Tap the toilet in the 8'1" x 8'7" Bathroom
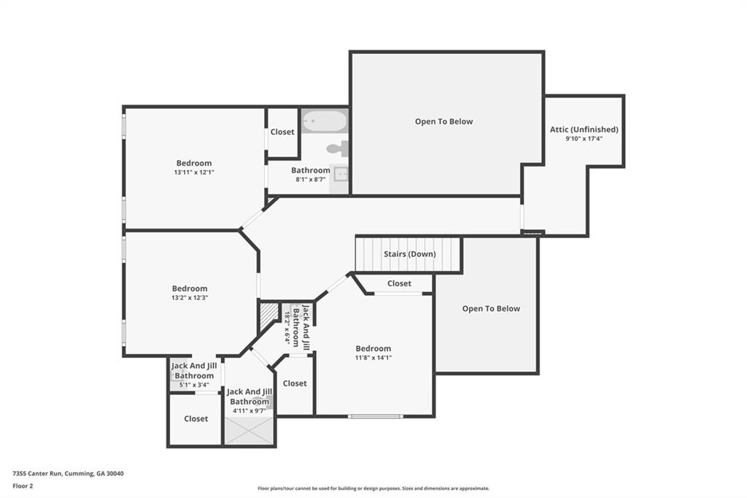click(338, 149)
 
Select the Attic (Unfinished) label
click(584, 129)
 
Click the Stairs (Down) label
click(409, 254)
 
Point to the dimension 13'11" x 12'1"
click(193, 172)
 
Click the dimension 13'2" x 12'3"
click(190, 297)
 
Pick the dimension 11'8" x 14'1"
click(373, 357)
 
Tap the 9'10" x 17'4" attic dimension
click(584, 138)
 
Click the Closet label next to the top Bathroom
click(282, 132)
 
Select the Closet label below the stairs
click(399, 283)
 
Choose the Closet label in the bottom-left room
click(196, 419)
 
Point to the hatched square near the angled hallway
click(268, 317)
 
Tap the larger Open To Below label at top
click(444, 122)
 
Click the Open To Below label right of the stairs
click(491, 309)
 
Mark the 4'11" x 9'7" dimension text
click(249, 410)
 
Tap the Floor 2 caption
click(23, 486)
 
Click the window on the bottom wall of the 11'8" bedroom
click(375, 416)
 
